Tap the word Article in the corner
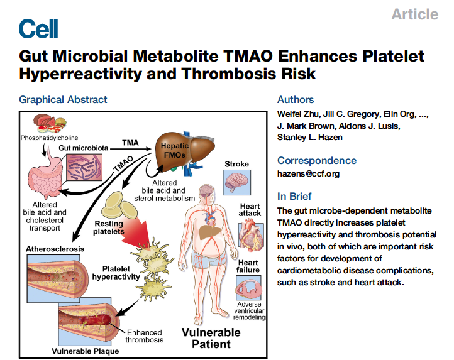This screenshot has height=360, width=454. [414, 14]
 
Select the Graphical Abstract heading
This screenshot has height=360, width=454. [63, 99]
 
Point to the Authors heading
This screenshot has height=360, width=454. [296, 99]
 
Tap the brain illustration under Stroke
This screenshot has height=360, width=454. [238, 182]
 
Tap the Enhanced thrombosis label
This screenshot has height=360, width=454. [145, 336]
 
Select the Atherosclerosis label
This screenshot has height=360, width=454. [57, 249]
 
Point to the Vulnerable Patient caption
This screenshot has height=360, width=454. [211, 338]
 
